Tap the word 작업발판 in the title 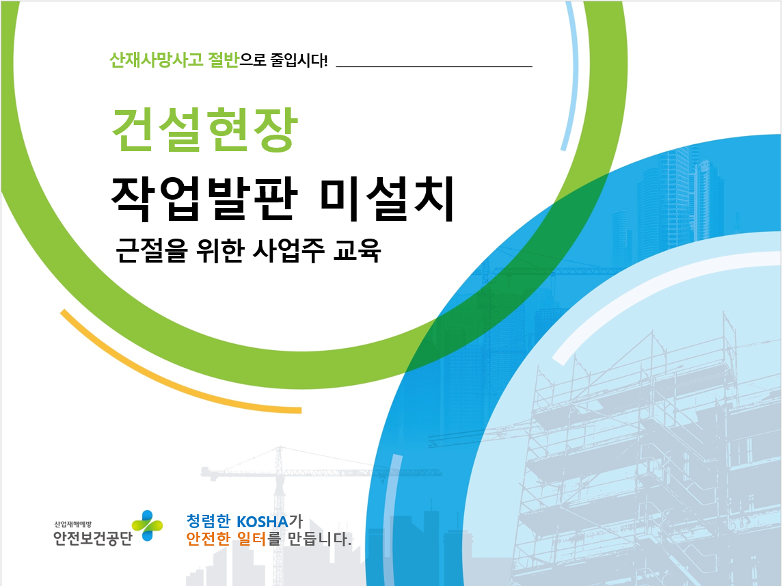[204, 198]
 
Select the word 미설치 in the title [387, 198]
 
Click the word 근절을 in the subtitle [152, 250]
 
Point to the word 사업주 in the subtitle [288, 250]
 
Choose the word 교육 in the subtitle [357, 250]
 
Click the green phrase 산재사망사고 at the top [156, 60]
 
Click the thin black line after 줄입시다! [434, 66]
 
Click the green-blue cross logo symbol [147, 526]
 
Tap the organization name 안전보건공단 [93, 537]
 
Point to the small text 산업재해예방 [73, 524]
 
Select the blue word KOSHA [262, 522]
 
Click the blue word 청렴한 [208, 521]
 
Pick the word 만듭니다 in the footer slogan [320, 539]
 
